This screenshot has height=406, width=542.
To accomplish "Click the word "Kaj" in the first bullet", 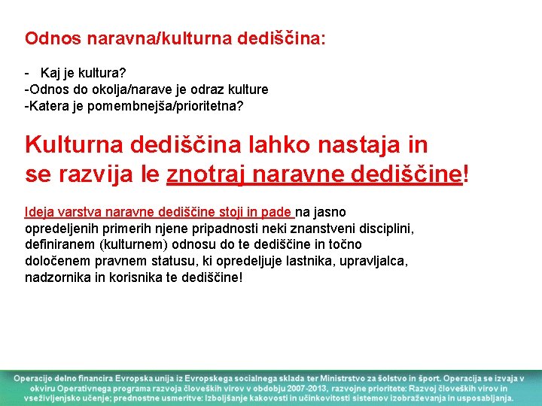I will pyautogui.click(x=50, y=73).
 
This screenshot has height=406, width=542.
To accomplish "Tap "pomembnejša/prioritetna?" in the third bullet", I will pyautogui.click(x=165, y=106).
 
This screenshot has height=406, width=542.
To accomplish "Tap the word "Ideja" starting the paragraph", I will pyautogui.click(x=39, y=212).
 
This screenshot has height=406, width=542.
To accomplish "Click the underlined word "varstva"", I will pyautogui.click(x=79, y=212).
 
